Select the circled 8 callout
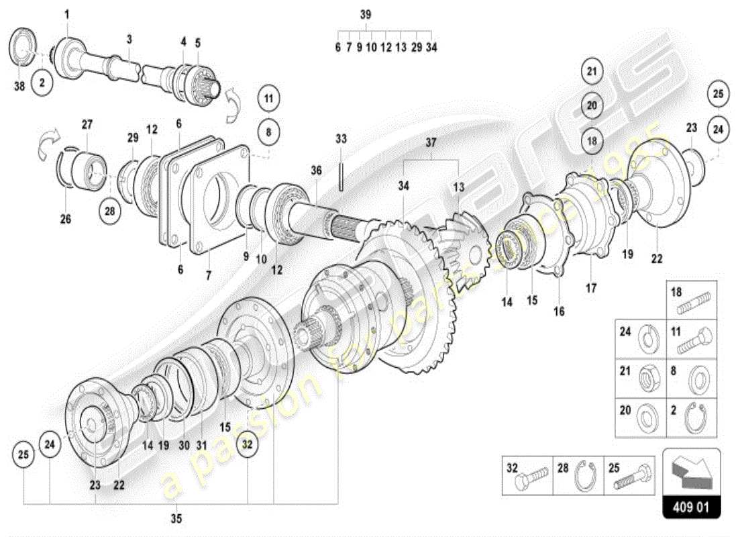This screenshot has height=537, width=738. (x=268, y=132)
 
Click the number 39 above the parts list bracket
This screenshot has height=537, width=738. (x=365, y=15)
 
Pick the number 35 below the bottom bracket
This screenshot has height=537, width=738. (x=176, y=518)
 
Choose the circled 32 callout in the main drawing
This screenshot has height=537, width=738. (x=248, y=444)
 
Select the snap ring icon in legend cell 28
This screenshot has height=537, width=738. (x=586, y=477)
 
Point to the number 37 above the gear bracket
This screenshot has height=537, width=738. (x=430, y=142)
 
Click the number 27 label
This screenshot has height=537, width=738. (x=88, y=124)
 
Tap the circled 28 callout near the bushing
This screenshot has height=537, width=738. (x=110, y=211)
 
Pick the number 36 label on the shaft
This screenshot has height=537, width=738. (x=317, y=170)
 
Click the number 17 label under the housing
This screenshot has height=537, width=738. (x=591, y=290)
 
